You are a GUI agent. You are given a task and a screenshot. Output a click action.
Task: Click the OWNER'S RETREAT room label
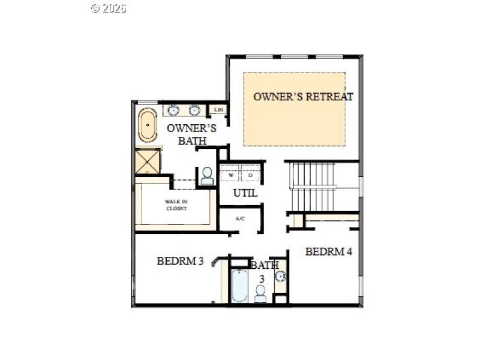pos(303,96)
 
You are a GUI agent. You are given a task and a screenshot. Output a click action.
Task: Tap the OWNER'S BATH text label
pos(191,134)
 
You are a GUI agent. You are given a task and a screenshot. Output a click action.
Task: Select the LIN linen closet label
pos(218,110)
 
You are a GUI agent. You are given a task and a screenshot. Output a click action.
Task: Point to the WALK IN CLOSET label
pos(176,205)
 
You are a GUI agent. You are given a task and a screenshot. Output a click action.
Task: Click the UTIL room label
pos(245,193)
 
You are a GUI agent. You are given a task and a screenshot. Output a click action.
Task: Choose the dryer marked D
pos(251,175)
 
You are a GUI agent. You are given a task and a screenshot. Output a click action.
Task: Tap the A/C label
pos(240,218)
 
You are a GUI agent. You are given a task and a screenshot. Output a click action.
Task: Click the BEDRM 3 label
pos(181,261)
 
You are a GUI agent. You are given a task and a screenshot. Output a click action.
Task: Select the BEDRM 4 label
pos(328,251)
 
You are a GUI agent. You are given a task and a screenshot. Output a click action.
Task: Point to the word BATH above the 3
pos(264,265)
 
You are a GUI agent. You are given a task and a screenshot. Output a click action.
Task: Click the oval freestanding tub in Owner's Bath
pos(147,124)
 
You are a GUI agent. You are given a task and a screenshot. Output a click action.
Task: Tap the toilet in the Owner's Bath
pos(207,176)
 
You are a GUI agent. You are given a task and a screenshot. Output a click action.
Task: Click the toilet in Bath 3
pos(260,294)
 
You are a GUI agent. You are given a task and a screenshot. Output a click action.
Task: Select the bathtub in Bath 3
pos(239,286)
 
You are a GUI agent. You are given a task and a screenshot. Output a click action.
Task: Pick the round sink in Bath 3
pos(280,277)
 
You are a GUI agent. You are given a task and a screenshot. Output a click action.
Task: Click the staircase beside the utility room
pos(312,187)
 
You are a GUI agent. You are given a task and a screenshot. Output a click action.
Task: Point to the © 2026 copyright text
pos(109,8)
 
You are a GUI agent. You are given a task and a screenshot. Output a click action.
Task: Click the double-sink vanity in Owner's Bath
pos(184,110)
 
